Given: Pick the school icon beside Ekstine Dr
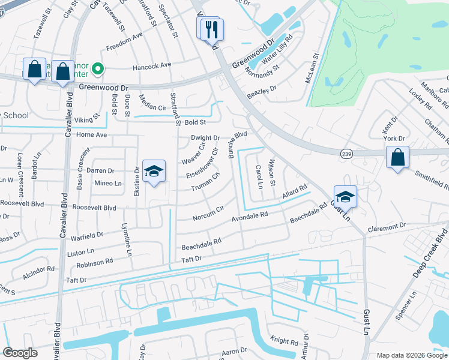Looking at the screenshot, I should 154,172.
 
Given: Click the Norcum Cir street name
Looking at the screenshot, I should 208,212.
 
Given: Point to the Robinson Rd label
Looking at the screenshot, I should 95,262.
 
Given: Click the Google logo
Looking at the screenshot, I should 20,353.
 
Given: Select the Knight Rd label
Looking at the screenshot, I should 283,342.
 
